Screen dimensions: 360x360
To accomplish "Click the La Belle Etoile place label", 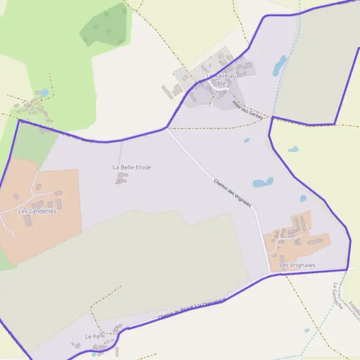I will pos(131,167).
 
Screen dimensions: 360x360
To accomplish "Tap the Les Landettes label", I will pos(37,211).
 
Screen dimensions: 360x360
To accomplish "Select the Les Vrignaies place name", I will pos(297,265).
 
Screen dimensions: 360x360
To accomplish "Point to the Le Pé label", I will pos(91,337).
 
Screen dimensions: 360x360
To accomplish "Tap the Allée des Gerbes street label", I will pos(247,111).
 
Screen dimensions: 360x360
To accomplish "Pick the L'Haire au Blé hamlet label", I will pos(222,79).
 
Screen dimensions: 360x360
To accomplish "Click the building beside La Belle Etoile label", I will pos(122,178).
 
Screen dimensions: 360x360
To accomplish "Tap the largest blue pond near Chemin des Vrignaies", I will pos(263,182).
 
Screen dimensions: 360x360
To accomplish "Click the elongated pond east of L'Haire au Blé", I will pos(280,65).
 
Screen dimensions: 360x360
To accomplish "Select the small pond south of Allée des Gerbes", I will pos(247,140).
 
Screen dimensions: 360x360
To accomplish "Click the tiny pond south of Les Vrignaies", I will pos(307,330).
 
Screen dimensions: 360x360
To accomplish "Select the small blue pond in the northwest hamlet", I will pos(44,93).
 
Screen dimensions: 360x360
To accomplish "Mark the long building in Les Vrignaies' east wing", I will pos(318,241).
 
